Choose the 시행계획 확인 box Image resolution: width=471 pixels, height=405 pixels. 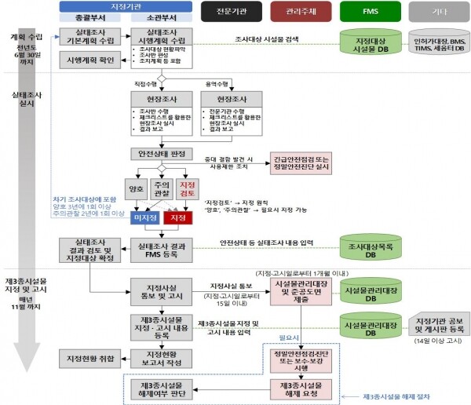[88, 60]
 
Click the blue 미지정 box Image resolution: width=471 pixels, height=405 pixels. [144, 217]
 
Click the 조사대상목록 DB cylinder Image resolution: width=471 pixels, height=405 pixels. [366, 249]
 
